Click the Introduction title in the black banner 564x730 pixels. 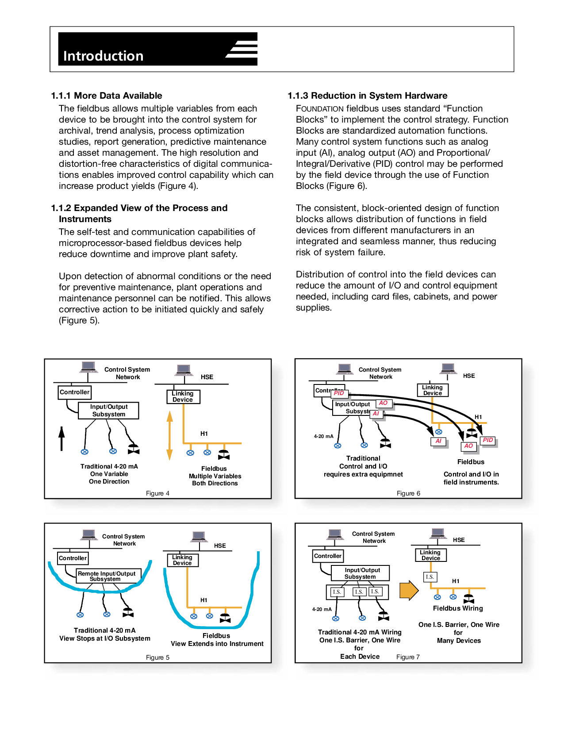pyautogui.click(x=103, y=56)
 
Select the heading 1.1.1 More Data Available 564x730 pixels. pyautogui.click(x=107, y=96)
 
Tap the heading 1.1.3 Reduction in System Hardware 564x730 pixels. pyautogui.click(x=367, y=96)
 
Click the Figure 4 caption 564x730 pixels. pyautogui.click(x=157, y=493)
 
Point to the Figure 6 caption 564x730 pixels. pyautogui.click(x=408, y=493)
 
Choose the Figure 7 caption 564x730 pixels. pyautogui.click(x=408, y=657)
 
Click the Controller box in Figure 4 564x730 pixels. pyautogui.click(x=75, y=392)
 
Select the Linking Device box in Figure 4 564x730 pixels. pyautogui.click(x=183, y=396)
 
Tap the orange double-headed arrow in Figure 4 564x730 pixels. pyautogui.click(x=169, y=435)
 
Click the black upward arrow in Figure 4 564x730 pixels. pyautogui.click(x=62, y=438)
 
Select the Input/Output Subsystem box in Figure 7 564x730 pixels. pyautogui.click(x=361, y=573)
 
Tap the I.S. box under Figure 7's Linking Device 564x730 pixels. pyautogui.click(x=430, y=577)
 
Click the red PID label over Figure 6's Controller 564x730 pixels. pyautogui.click(x=339, y=393)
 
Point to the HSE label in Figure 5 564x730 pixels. pyautogui.click(x=220, y=546)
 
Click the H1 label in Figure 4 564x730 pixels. pyautogui.click(x=204, y=434)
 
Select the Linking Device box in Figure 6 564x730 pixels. pyautogui.click(x=433, y=390)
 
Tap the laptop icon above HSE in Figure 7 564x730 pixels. pyautogui.click(x=438, y=534)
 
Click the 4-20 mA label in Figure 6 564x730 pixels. pyautogui.click(x=323, y=436)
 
